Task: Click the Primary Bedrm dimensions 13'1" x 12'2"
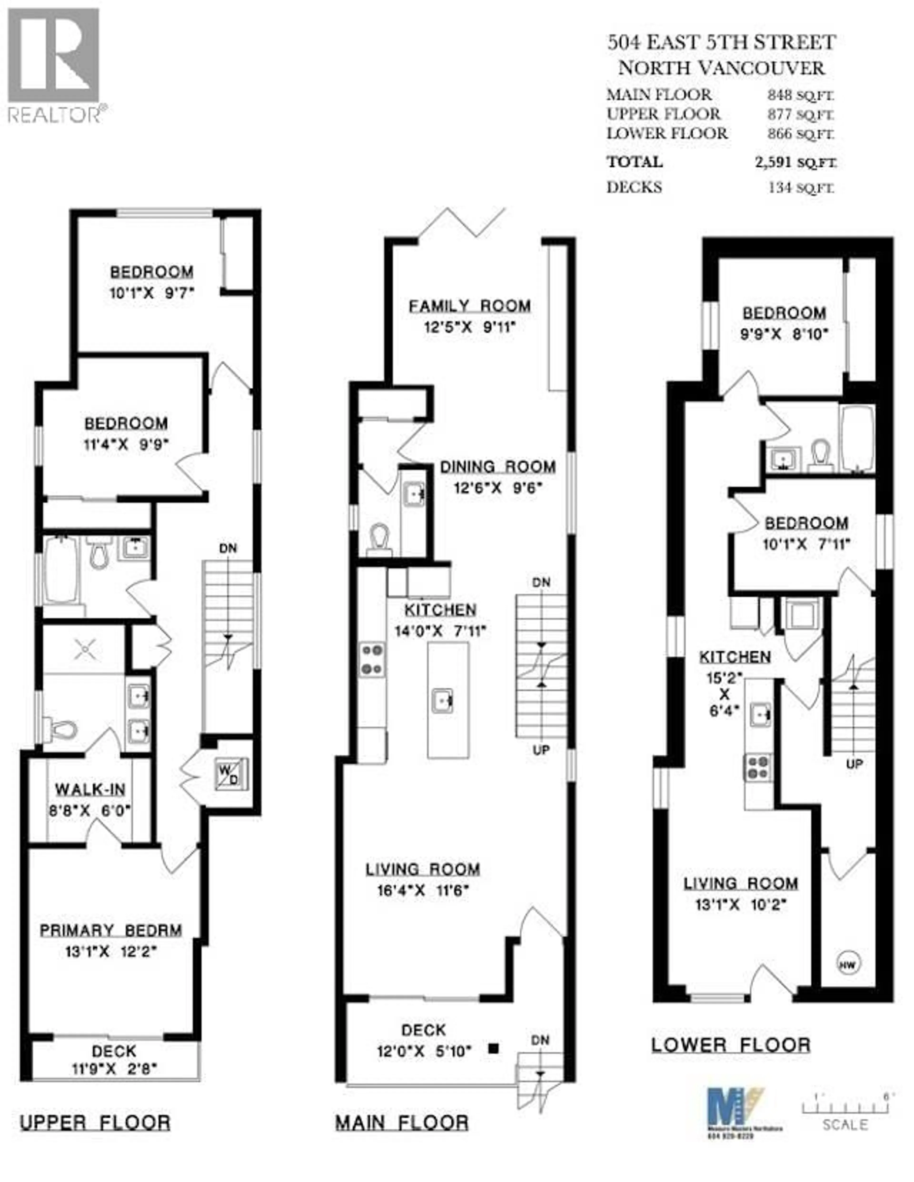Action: pos(111,951)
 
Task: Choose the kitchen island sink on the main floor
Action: pos(443,702)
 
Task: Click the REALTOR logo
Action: pos(54,65)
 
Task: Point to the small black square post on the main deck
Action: pos(493,1048)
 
